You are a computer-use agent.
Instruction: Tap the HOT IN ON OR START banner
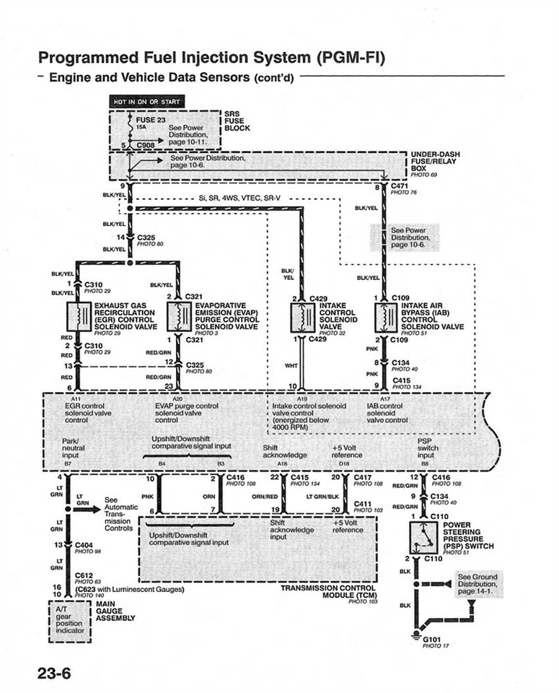click(x=146, y=102)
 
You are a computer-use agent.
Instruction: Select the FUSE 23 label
click(x=151, y=119)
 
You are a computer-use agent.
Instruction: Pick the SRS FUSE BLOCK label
click(x=237, y=121)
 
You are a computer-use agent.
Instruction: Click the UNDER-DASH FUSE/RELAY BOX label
click(x=435, y=162)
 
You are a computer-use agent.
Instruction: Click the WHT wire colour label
click(x=291, y=365)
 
